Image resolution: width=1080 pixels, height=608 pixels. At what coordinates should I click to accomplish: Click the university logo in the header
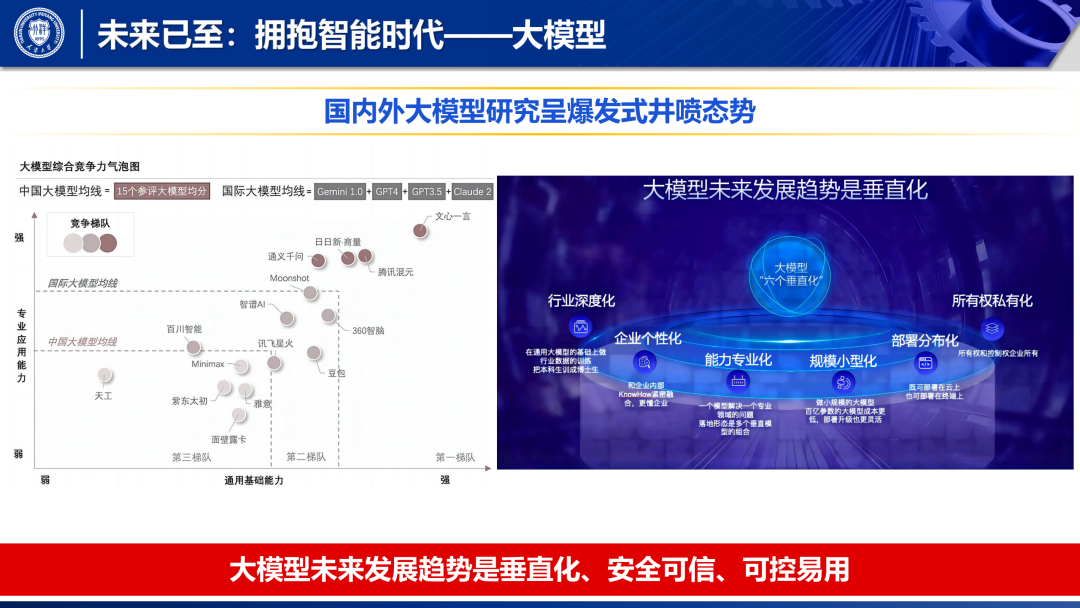tap(39, 32)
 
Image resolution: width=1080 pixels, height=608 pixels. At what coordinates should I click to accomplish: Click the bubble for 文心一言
tap(420, 230)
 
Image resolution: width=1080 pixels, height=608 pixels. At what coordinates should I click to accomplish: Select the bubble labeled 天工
tap(104, 376)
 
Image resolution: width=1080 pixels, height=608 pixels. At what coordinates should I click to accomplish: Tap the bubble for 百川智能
tap(192, 347)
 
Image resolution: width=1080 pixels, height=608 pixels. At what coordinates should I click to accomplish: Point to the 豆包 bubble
tap(314, 353)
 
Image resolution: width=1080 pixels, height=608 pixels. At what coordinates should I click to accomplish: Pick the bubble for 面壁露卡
tap(238, 415)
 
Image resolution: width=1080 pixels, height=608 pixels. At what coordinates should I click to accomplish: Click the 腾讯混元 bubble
tap(365, 256)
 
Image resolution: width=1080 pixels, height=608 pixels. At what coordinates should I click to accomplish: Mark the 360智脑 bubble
tap(328, 316)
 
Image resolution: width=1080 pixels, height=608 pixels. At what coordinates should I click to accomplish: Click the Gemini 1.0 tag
tap(341, 191)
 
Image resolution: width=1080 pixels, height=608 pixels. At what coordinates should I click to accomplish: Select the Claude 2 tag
tap(472, 191)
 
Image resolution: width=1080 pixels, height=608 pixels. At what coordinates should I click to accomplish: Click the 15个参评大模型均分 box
tap(161, 191)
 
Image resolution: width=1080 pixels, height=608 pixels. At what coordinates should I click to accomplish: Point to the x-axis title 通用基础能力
tap(253, 480)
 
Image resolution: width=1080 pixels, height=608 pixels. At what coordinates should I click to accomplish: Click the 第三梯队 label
tap(191, 457)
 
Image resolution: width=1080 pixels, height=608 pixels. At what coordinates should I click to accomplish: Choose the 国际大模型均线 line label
tap(82, 283)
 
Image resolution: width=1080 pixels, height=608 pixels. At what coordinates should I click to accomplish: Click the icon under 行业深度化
tap(580, 326)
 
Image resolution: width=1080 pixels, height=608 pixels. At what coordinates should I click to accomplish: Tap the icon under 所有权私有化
tap(992, 326)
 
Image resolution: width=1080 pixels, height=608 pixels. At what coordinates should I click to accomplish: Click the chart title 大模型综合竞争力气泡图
tap(80, 166)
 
